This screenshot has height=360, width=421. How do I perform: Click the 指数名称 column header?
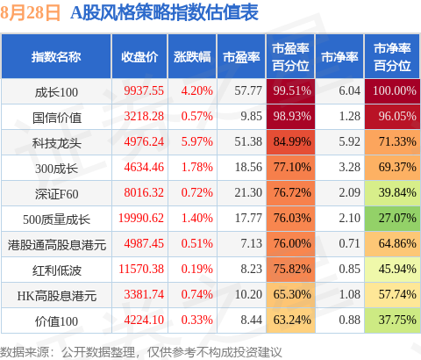coord(56,57)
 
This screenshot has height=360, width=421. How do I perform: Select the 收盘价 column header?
coord(139,57)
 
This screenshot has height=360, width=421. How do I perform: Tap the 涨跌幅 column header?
coord(192,57)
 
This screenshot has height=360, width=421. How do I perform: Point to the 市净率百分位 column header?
coord(392,57)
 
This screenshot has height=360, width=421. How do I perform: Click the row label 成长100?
coord(56,92)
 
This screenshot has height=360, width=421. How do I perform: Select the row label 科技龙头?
coord(56,143)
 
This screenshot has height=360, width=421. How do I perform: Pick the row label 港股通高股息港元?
coord(57,245)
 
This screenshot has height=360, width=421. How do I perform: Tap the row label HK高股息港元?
coord(57,296)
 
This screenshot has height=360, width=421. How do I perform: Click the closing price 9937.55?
coord(144,90)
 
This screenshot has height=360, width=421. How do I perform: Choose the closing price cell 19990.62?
coord(141,218)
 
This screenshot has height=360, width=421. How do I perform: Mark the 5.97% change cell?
coord(197,141)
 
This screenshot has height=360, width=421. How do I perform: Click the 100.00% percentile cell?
coord(392,91)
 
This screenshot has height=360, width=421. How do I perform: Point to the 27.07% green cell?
coord(392,219)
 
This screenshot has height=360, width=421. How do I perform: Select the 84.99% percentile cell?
coord(290,142)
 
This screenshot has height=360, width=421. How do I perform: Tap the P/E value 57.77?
coord(248,90)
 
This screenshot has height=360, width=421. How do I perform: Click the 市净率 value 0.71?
coord(350,243)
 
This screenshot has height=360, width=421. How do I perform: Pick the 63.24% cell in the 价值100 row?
coord(290,320)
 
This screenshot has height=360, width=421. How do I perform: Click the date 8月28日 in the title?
coord(30,12)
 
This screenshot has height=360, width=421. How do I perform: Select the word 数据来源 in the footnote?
coord(24,352)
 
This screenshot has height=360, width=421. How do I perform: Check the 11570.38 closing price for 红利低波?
coord(141,269)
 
